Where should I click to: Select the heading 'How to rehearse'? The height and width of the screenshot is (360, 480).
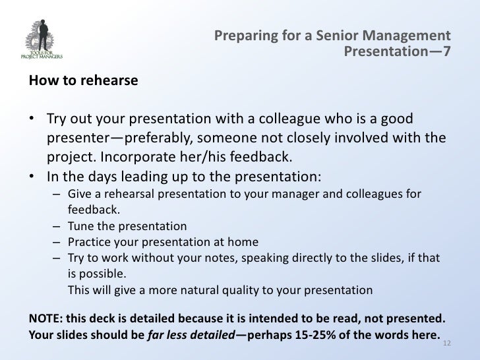[82, 82]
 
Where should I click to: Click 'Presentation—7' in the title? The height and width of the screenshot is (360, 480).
[398, 50]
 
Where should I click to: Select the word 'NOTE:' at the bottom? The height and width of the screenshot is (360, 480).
[44, 315]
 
